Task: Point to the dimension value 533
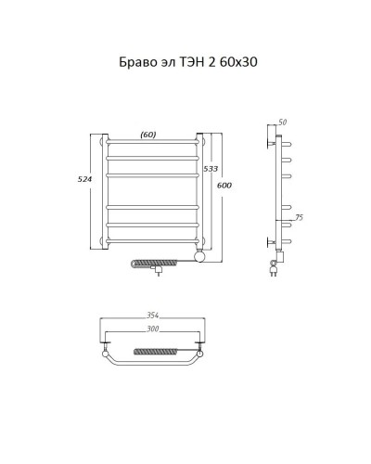click(212, 170)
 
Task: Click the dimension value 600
click(224, 187)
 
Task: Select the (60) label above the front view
click(148, 134)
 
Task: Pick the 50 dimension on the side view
click(283, 122)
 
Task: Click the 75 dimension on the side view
click(298, 218)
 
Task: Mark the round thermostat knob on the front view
click(198, 253)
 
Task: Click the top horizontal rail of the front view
click(153, 143)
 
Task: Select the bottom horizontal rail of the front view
click(153, 240)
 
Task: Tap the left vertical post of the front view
click(105, 191)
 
